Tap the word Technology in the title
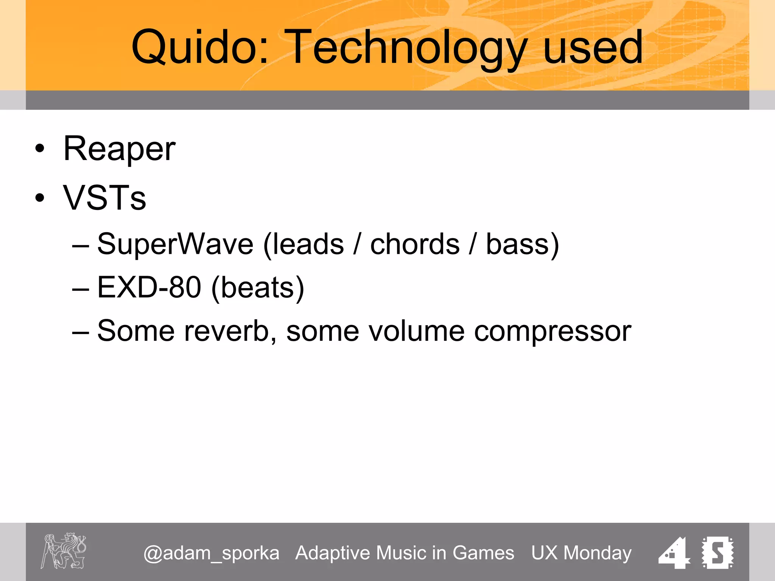(405, 48)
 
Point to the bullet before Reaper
(40, 149)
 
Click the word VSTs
(104, 198)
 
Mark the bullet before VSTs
(40, 197)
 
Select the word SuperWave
(175, 244)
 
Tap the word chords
(415, 244)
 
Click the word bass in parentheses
(517, 244)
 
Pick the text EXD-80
(149, 287)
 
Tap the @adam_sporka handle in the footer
(211, 553)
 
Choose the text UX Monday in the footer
(581, 553)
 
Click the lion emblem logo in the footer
(64, 551)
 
